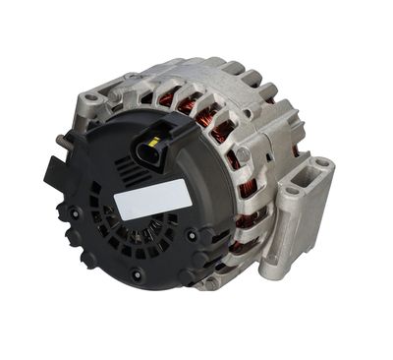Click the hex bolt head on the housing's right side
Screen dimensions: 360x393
coord(242,154)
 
